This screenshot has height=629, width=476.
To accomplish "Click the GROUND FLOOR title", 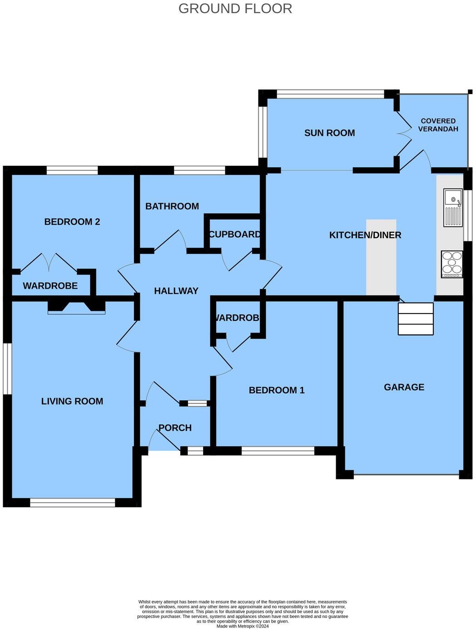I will coord(235,9).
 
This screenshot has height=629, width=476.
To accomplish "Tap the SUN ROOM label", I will coord(329,133).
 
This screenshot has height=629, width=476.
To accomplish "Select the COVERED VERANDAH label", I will coord(438,125).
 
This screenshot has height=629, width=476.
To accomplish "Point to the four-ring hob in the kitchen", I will coord(452,264).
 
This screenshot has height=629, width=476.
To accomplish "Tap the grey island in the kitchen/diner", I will coord(381,257).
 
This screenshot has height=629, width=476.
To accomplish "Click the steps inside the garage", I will coord(416,319).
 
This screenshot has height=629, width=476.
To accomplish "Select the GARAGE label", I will coord(404,387).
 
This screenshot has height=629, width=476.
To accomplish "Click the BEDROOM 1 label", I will coord(277,390).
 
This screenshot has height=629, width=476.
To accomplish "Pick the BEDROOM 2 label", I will coord(72,222).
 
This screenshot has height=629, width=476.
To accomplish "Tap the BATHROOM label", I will coord(172,206).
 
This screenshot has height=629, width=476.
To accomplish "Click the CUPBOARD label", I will coord(234,235).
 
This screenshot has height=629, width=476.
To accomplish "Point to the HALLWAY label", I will coord(176,291).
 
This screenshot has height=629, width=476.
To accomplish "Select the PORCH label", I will coord(175,428).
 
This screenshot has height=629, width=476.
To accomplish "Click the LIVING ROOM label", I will coord(72,401).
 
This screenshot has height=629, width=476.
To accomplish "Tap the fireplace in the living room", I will coord(77,307).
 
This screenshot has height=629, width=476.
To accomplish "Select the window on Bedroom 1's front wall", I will coord(278,451).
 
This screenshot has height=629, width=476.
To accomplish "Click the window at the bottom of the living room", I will coord(73,503).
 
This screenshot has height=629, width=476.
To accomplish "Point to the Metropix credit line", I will coord(243,626).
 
